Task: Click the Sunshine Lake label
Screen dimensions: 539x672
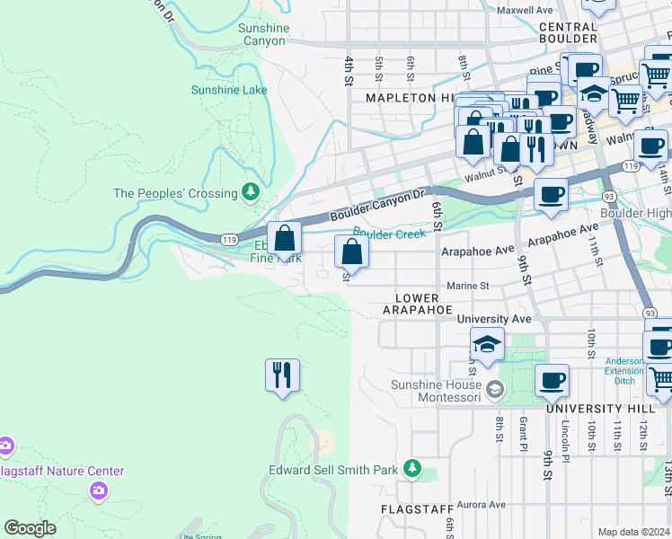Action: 228,90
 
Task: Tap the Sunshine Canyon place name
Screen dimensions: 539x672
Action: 264,34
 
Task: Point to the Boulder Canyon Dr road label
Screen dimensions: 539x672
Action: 376,205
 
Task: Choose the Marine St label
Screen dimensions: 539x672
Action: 467,286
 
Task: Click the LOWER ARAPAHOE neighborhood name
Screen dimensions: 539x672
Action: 417,304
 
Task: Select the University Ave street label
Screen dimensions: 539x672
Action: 494,319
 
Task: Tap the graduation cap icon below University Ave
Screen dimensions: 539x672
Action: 487,345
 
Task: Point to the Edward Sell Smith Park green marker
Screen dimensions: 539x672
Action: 411,468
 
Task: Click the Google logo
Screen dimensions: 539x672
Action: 30,528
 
